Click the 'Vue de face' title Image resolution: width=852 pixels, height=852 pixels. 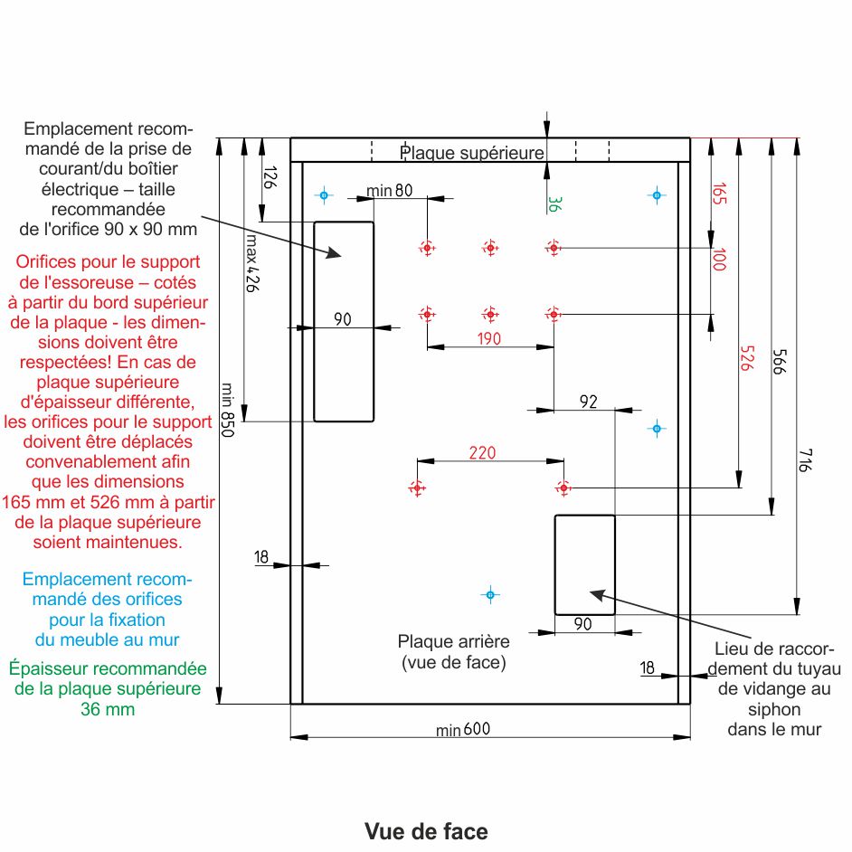pyautogui.click(x=426, y=831)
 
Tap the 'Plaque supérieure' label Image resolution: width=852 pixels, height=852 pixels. pyautogui.click(x=472, y=153)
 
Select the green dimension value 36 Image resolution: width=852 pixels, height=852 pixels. pyautogui.click(x=556, y=204)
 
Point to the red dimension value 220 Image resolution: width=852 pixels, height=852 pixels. pyautogui.click(x=482, y=453)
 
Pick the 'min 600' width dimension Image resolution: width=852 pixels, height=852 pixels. pyautogui.click(x=463, y=730)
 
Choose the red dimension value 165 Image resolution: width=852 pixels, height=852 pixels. pyautogui.click(x=719, y=195)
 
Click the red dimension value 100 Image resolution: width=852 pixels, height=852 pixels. pyautogui.click(x=719, y=260)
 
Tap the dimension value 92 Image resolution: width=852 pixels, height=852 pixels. pyautogui.click(x=589, y=402)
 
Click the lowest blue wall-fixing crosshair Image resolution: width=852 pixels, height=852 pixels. pyautogui.click(x=489, y=594)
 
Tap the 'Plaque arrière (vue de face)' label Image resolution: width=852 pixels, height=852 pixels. pyautogui.click(x=454, y=651)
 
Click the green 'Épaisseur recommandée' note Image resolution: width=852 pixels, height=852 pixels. pyautogui.click(x=108, y=688)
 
